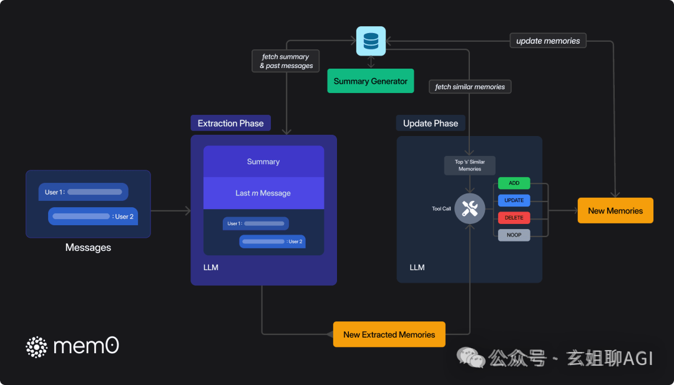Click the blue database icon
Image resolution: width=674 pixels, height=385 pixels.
[371, 41]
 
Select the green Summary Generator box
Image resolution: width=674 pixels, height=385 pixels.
[371, 80]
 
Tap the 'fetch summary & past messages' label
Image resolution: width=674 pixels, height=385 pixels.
[286, 61]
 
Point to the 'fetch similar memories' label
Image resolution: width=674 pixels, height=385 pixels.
[470, 87]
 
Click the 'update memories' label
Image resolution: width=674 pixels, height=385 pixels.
[548, 41]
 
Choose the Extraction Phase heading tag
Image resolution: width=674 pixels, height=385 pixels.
[231, 124]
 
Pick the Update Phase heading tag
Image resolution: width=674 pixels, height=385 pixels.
[431, 124]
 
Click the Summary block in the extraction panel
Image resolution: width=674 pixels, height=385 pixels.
[263, 162]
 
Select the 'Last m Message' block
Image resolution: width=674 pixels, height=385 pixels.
[263, 193]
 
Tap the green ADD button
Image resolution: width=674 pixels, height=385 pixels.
[514, 183]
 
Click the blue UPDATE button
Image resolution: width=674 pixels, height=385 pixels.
[514, 200]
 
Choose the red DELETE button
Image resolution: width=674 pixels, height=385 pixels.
[514, 218]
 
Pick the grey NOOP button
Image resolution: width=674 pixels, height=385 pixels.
[514, 235]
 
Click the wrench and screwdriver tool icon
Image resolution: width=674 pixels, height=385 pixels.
[470, 208]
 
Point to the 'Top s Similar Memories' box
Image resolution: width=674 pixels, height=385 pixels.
[470, 165]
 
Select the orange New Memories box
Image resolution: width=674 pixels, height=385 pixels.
[615, 210]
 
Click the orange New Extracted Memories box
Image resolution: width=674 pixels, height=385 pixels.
[389, 334]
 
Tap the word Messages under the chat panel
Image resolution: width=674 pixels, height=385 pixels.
[88, 248]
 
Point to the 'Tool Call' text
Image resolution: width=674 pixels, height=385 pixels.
[441, 209]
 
